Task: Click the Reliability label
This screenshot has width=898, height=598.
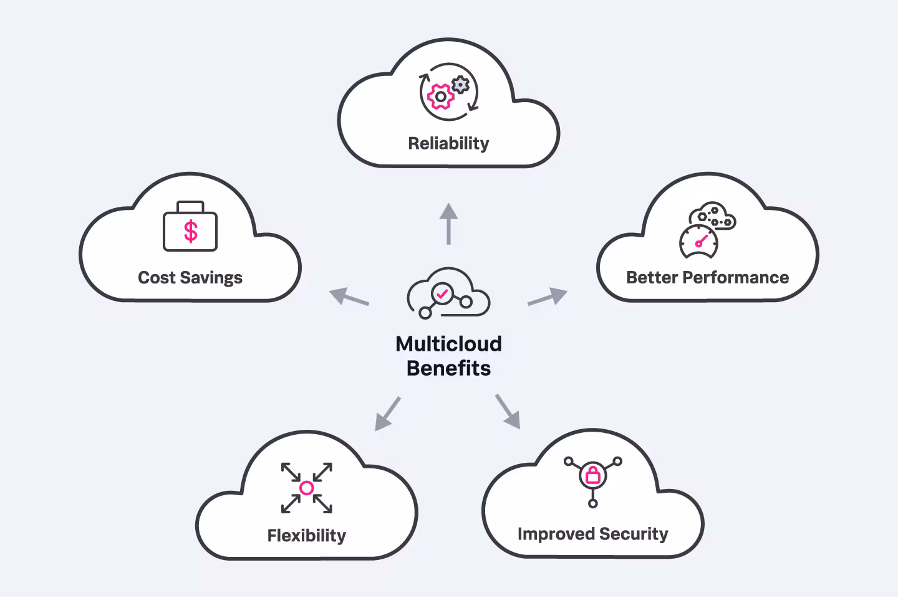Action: (x=448, y=143)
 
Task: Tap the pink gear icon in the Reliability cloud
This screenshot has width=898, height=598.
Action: (x=440, y=97)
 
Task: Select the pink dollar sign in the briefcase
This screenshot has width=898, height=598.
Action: (x=191, y=231)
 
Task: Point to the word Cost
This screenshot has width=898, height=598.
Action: (x=157, y=278)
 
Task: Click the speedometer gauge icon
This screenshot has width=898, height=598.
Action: (x=698, y=242)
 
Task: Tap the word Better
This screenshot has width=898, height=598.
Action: (x=652, y=277)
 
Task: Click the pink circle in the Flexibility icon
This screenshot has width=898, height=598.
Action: (x=306, y=488)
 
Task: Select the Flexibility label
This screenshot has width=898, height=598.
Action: (x=306, y=536)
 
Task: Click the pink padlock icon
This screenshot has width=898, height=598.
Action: (x=593, y=477)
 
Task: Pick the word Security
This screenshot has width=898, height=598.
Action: (x=634, y=534)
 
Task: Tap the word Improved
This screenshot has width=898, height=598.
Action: (x=556, y=534)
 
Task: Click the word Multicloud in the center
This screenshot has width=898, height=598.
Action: (x=448, y=344)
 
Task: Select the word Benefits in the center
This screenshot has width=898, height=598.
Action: (x=448, y=369)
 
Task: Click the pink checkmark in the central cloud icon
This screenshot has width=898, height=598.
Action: (x=443, y=292)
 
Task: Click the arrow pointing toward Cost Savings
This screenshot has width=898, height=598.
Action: (x=349, y=297)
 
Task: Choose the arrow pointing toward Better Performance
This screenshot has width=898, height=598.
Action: (x=548, y=297)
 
